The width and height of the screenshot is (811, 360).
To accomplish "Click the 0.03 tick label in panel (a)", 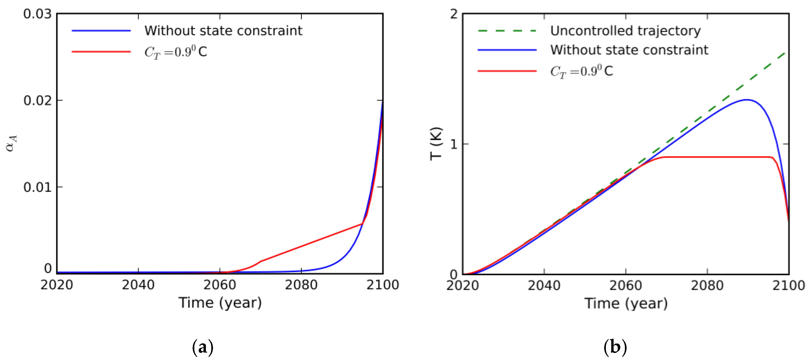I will click(37, 14).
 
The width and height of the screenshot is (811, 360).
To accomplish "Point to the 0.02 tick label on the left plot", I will click(37, 101).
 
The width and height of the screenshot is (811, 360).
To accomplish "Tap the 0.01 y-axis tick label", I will click(37, 188).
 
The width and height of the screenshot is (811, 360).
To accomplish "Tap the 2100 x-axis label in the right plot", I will click(788, 286).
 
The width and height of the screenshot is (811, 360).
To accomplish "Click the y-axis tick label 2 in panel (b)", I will click(454, 14).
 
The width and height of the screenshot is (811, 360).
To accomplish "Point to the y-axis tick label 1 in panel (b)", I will click(454, 144).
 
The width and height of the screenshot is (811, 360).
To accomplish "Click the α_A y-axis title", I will click(11, 143).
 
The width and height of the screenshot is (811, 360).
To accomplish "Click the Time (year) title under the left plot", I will click(220, 303).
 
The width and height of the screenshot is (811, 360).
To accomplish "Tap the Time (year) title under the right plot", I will click(626, 304).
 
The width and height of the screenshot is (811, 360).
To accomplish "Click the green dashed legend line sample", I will click(507, 31).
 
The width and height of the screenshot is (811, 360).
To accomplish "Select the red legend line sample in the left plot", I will click(101, 52).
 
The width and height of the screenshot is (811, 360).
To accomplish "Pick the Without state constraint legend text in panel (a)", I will click(223, 31).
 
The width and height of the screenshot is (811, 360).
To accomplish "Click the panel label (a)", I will click(203, 347).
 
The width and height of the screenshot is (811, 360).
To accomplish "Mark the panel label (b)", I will click(615, 347).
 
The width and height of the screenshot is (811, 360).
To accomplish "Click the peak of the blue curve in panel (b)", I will click(747, 100).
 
